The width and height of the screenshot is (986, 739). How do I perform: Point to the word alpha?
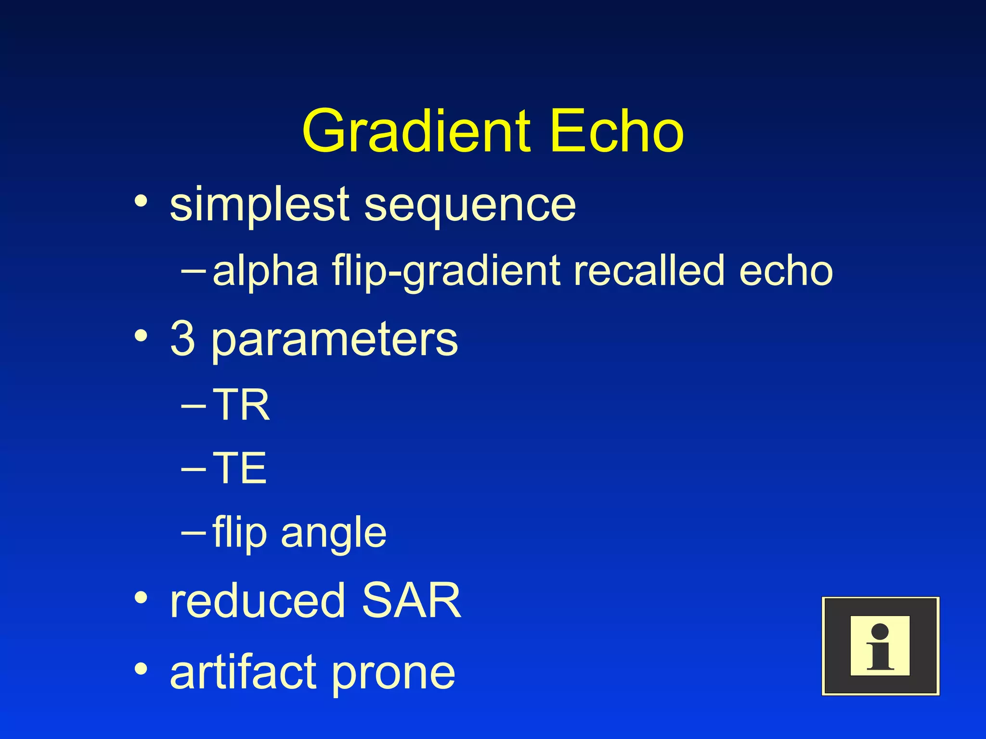pos(265,271)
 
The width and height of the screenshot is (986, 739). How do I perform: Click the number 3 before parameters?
pos(183,339)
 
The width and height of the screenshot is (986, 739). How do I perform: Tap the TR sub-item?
pos(241,405)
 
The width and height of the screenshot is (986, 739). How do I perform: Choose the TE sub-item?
pos(239,468)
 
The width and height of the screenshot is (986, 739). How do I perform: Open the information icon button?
pos(880,646)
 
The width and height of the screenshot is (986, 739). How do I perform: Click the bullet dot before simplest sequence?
pos(141,201)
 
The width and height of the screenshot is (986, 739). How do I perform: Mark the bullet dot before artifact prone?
pos(141,668)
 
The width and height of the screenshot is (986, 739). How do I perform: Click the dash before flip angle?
pos(194,532)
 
